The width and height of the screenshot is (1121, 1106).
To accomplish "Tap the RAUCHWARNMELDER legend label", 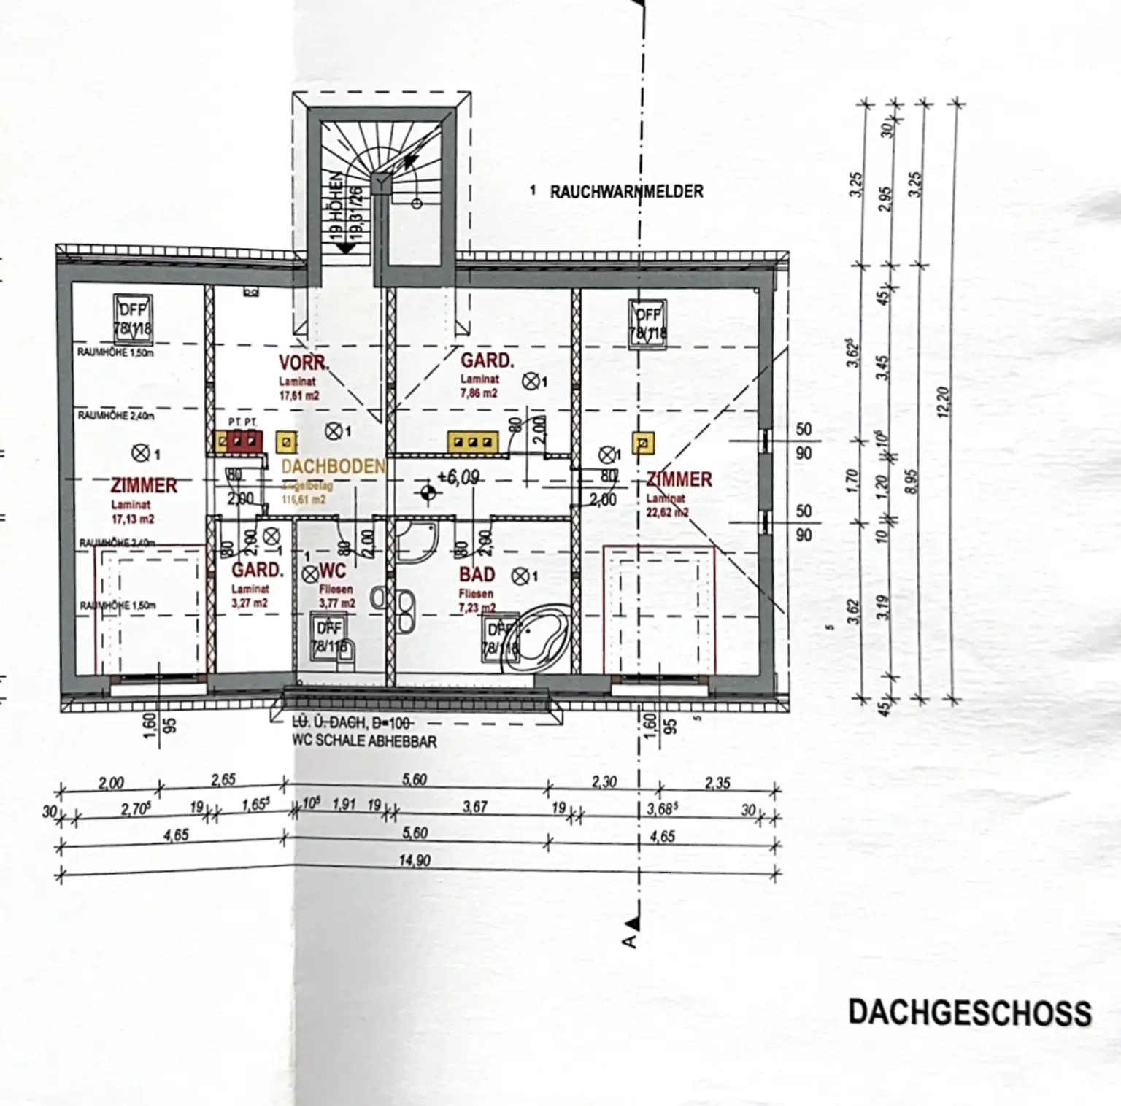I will point(626,192).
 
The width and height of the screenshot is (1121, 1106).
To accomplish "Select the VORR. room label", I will point(304,363).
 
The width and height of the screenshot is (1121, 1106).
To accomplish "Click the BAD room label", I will point(477,575).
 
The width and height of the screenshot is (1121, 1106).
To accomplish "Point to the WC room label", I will point(333,570).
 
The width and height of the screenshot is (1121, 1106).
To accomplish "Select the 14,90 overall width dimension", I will point(415,861).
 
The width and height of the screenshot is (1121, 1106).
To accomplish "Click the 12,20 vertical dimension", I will point(947,401).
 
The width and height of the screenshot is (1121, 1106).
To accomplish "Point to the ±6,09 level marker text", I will point(458,478).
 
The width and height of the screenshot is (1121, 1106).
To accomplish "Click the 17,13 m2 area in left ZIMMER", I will point(133,519).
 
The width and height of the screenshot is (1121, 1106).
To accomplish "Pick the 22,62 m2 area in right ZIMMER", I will point(667,512).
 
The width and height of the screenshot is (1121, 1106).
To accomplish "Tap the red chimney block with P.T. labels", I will point(244,441).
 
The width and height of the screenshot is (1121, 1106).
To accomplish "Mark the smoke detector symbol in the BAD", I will point(520,576).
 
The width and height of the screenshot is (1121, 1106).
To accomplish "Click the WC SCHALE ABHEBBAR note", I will point(364,741).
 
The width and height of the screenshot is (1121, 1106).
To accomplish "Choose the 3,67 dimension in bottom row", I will point(474,807).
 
